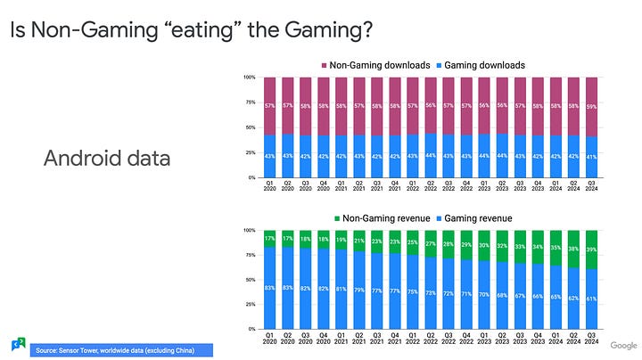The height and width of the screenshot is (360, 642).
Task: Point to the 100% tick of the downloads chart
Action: [249, 78]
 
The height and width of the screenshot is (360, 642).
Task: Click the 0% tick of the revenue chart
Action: [251, 330]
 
